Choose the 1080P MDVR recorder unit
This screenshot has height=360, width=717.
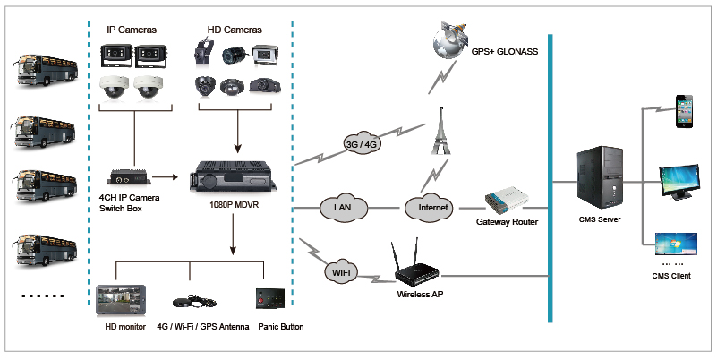pyautogui.click(x=235, y=176)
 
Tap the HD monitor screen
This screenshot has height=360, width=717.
pyautogui.click(x=121, y=301)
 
